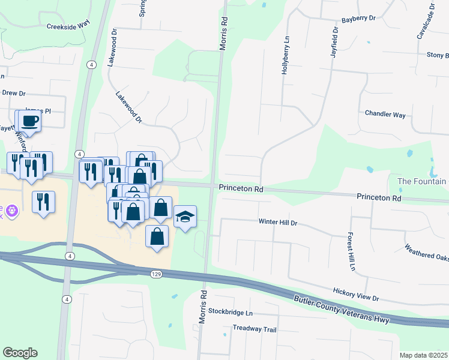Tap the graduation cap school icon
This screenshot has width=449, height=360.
click(x=185, y=217)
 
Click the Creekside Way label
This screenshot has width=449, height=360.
click(x=68, y=26)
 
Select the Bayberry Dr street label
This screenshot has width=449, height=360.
click(x=358, y=19)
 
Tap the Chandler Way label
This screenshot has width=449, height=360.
click(x=385, y=114)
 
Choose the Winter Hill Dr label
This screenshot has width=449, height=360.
click(x=278, y=223)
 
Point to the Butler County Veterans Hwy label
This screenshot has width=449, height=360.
click(x=342, y=310)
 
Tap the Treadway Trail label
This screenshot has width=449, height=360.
click(x=255, y=329)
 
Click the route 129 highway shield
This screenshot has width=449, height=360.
click(x=156, y=274)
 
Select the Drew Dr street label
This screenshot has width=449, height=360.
click(x=14, y=93)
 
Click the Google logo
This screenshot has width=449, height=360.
click(x=20, y=353)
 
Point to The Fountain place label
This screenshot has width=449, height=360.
click(x=423, y=181)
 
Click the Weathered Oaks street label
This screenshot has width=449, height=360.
click(x=426, y=254)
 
